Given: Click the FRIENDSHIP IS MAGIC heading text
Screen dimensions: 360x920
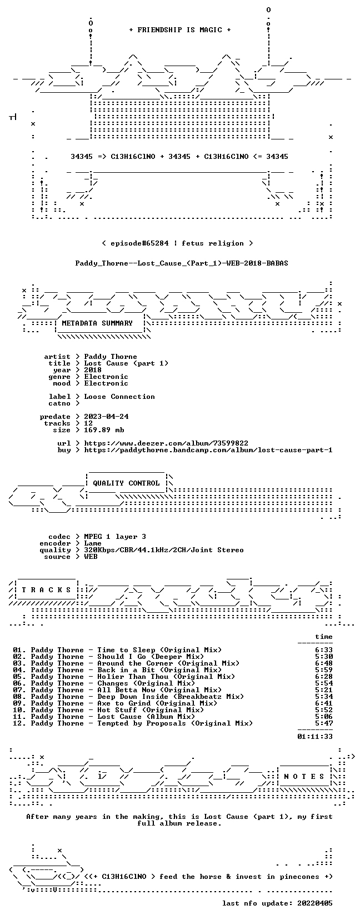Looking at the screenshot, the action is point(180,30).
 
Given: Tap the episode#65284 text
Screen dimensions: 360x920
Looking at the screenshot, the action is point(139,243).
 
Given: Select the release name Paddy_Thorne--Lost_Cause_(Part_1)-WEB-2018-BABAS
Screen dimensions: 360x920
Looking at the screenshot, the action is point(182,263).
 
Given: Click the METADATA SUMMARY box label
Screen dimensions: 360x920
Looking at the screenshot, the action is point(97,323).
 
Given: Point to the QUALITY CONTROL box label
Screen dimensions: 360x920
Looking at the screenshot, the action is point(126,483).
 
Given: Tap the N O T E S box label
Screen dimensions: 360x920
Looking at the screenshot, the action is point(304,777).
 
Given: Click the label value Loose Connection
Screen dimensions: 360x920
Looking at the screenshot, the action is point(119,397).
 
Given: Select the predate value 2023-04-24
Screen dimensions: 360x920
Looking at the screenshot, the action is point(106,417).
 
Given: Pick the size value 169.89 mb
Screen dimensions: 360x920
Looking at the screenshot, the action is point(104,430).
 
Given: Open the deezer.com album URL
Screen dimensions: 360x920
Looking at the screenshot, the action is point(166,443).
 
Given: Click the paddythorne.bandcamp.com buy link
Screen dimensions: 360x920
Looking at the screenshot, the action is point(208,450).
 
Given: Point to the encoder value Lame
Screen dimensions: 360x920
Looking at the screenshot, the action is point(93,543).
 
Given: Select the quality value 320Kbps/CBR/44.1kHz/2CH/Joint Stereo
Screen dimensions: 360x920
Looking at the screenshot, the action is point(164,550).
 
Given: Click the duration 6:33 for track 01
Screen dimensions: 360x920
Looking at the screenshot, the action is point(324,650).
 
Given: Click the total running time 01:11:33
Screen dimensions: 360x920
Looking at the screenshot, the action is point(315,737).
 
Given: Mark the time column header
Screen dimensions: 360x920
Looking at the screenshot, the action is point(324,637).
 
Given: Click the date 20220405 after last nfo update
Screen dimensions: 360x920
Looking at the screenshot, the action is point(315,903).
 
